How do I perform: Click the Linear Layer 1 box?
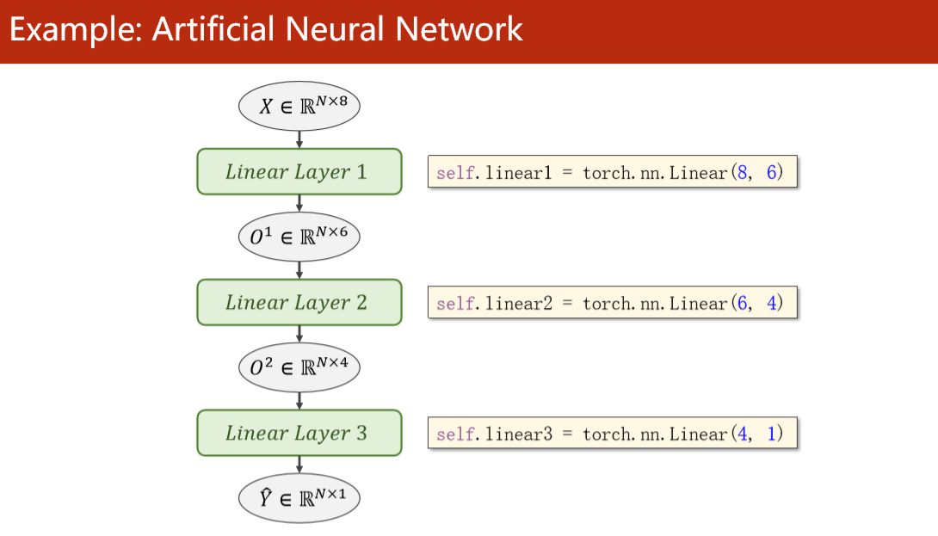299,171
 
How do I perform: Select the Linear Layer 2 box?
299,302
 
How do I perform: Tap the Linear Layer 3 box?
299,433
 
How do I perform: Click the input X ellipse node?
299,107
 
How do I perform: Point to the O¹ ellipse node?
299,237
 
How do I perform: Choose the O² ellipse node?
299,367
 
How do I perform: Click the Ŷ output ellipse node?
299,498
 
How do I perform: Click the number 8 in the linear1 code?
741,172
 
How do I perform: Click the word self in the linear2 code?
455,304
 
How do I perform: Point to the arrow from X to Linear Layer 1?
299,138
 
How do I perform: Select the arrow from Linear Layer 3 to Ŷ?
299,465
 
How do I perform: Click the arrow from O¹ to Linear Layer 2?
299,269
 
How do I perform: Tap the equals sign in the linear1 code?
568,173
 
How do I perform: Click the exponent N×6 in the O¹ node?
332,230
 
